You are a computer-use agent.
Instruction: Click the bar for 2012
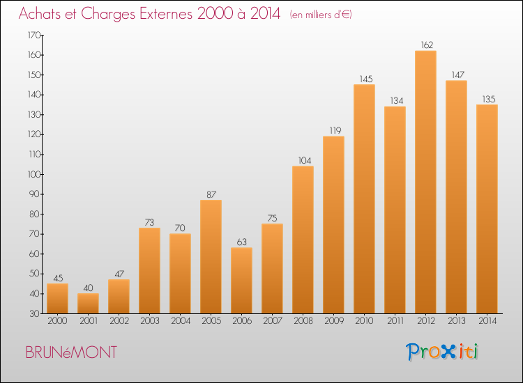click(x=425, y=182)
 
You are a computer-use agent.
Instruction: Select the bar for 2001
click(x=88, y=304)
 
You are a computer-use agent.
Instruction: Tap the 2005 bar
click(x=211, y=256)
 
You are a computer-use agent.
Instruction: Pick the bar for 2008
click(x=303, y=240)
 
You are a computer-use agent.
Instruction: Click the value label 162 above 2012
click(x=427, y=45)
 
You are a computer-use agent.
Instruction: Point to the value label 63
click(x=242, y=242)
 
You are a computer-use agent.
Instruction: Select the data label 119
click(x=335, y=130)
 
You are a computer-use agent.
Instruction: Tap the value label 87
click(x=211, y=194)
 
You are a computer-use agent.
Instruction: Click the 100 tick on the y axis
click(x=33, y=175)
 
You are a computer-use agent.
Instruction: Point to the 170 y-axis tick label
click(x=33, y=35)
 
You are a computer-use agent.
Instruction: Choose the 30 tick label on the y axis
click(x=35, y=314)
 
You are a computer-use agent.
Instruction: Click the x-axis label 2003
click(x=150, y=321)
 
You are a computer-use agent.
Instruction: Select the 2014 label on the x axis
click(x=487, y=321)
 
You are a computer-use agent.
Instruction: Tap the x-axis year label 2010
click(x=364, y=321)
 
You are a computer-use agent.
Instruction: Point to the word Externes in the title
click(x=166, y=14)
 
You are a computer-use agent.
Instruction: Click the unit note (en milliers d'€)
click(x=321, y=15)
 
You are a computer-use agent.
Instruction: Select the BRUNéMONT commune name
click(x=71, y=352)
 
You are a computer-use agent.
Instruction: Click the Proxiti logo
click(x=442, y=352)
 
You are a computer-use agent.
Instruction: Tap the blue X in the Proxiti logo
click(x=448, y=352)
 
